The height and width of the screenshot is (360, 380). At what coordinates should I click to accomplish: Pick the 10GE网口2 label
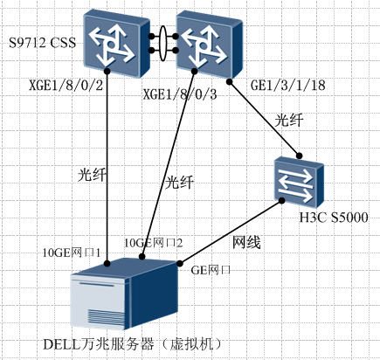point(153,242)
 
